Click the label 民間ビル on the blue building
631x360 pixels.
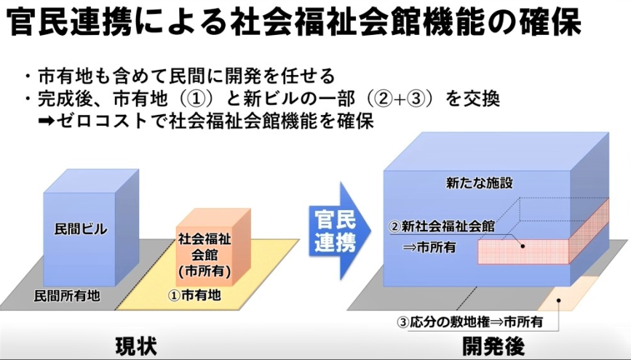click(x=81, y=229)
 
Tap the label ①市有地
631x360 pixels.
click(x=195, y=296)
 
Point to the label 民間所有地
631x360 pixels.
click(x=66, y=297)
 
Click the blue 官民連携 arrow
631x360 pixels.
click(x=340, y=231)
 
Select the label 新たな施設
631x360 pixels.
click(x=480, y=183)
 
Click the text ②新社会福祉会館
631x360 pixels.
click(x=441, y=226)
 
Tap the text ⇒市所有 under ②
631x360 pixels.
click(x=429, y=247)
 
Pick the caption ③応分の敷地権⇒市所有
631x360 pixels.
click(x=470, y=321)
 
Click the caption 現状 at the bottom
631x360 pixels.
click(x=136, y=346)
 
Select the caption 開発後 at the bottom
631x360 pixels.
click(x=493, y=346)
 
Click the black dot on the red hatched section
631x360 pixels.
click(x=523, y=246)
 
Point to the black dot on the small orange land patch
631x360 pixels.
click(x=558, y=300)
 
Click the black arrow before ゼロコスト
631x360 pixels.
click(x=47, y=120)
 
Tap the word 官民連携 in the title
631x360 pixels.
click(x=69, y=22)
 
